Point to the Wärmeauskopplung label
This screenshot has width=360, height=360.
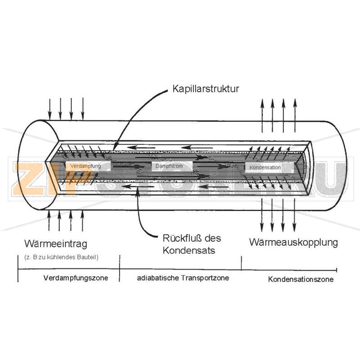pyautogui.click(x=293, y=243)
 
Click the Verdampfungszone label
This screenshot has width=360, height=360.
pyautogui.click(x=76, y=278)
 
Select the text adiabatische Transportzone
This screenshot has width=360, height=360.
pyautogui.click(x=183, y=278)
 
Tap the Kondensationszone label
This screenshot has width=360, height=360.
pyautogui.click(x=301, y=279)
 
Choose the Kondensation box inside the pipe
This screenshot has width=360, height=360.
pyautogui.click(x=265, y=167)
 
